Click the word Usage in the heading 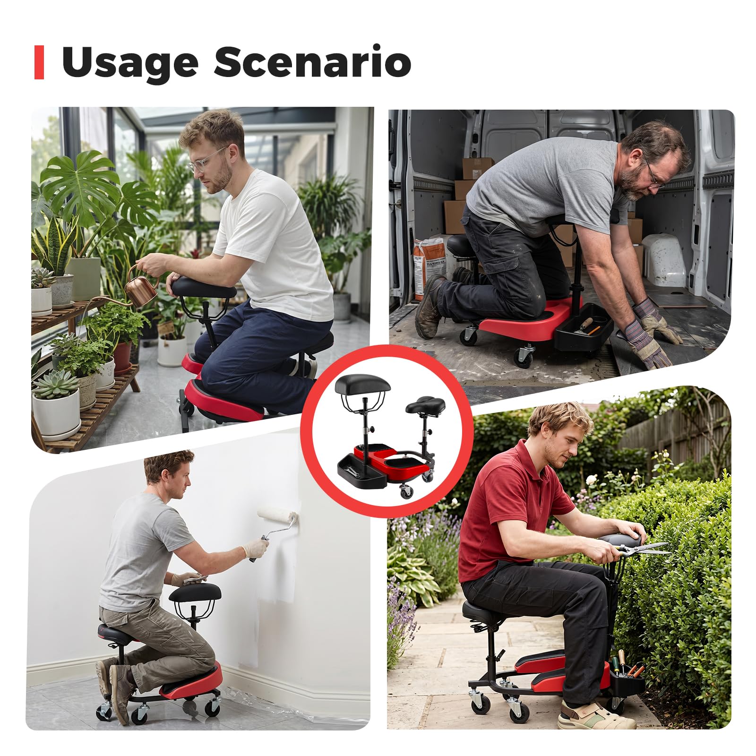pos(130,62)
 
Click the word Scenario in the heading pos(312,61)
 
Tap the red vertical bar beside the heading pos(39,62)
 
